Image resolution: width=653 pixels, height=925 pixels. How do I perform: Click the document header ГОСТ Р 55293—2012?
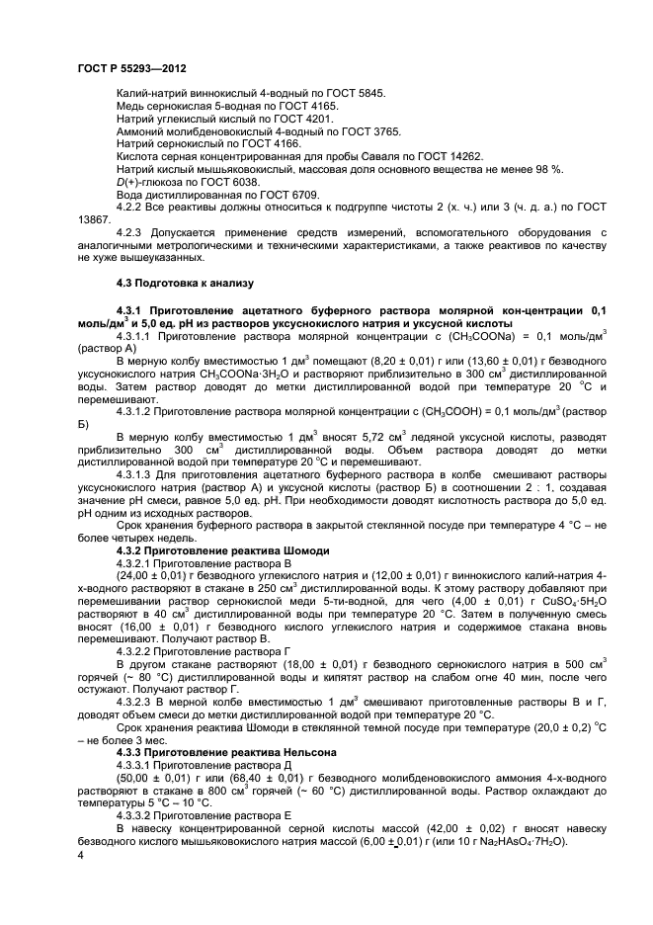point(132,68)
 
